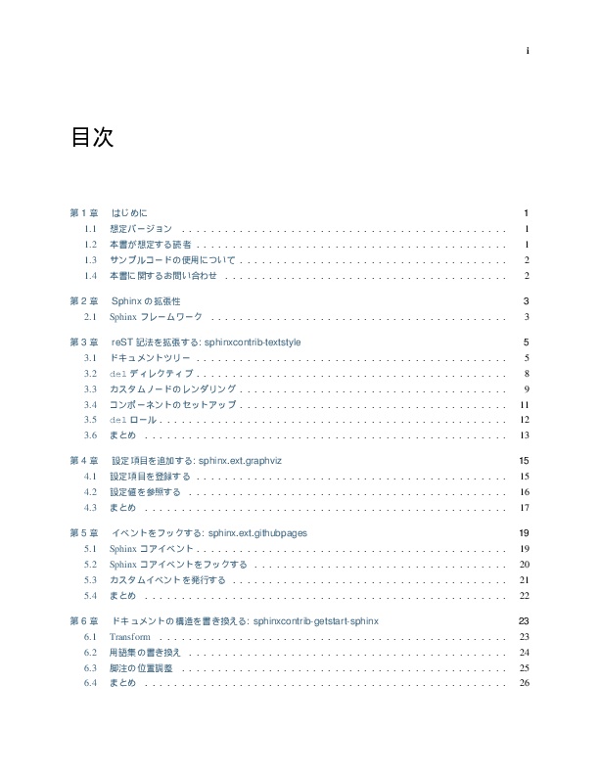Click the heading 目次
click(x=91, y=138)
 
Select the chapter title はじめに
click(x=129, y=213)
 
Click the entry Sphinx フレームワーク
click(x=156, y=317)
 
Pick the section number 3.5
click(x=91, y=420)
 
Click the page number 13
click(x=525, y=435)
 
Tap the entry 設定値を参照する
click(x=145, y=491)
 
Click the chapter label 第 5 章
click(x=84, y=533)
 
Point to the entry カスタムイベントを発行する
click(x=167, y=580)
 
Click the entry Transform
click(x=129, y=637)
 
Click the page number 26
click(x=525, y=683)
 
